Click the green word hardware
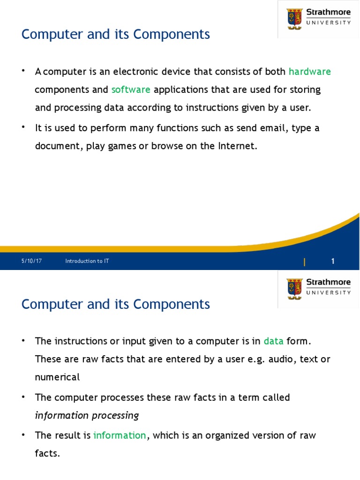coord(309,72)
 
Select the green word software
coord(131,90)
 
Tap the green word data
coord(273,341)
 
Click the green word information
coord(120,435)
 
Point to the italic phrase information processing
coord(87,416)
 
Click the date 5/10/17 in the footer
coord(31,261)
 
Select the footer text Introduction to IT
coord(87,261)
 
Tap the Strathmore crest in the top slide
coord(294,18)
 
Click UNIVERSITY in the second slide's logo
coord(328,292)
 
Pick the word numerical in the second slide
coord(57,377)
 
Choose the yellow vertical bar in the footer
coord(305,262)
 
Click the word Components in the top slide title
coord(172,35)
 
